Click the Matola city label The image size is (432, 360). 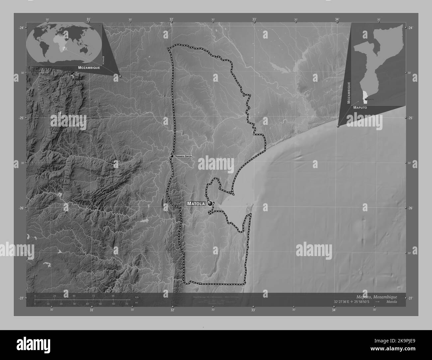(196, 204)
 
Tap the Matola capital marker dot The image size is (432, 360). (210, 204)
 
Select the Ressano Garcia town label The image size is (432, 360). (183, 156)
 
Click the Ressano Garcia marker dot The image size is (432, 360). (172, 156)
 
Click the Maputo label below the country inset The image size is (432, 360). (361, 108)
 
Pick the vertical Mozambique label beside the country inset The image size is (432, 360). (349, 93)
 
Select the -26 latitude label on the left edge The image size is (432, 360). (21, 208)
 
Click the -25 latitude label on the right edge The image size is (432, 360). (410, 118)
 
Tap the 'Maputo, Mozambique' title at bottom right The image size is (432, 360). (376, 297)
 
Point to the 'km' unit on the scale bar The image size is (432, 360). (137, 297)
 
